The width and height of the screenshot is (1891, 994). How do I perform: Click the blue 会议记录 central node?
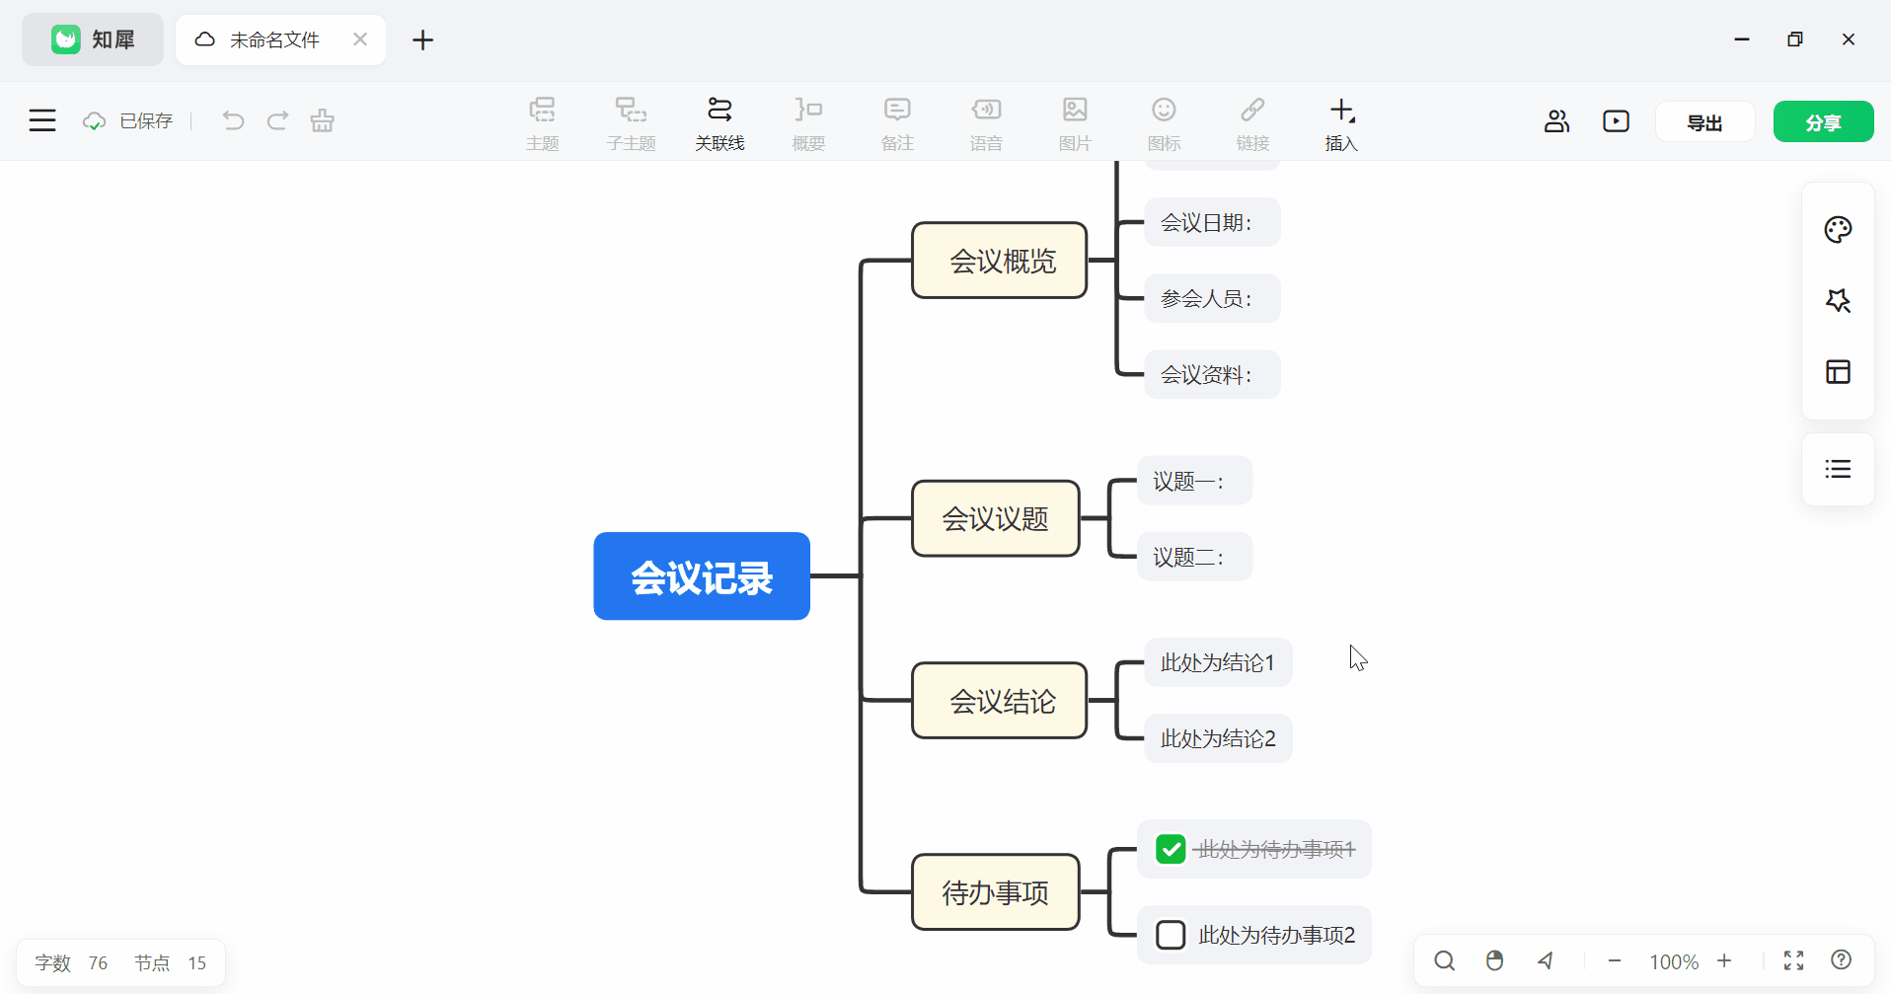click(x=701, y=576)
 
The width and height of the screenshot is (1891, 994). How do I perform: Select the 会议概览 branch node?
click(x=999, y=261)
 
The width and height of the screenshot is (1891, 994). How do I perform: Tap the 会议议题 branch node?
click(x=995, y=518)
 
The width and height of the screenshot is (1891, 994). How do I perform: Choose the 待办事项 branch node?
click(x=995, y=892)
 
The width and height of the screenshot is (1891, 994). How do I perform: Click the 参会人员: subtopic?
click(x=1211, y=298)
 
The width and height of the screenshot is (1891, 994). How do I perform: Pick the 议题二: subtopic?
click(x=1193, y=557)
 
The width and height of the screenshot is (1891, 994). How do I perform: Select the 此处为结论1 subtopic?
click(x=1217, y=662)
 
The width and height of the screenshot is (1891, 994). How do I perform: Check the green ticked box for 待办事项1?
click(x=1171, y=849)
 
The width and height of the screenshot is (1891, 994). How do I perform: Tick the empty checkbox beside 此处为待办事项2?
click(x=1171, y=935)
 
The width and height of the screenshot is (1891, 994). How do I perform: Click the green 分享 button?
click(x=1822, y=121)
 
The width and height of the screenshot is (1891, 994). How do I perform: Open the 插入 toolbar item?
click(x=1341, y=122)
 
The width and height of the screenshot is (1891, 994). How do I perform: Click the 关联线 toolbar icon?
click(x=719, y=122)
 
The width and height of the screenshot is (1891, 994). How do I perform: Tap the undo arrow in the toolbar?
click(x=233, y=120)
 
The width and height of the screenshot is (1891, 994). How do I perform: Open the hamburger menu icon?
click(x=42, y=120)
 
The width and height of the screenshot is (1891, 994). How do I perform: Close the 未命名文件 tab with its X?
click(x=360, y=39)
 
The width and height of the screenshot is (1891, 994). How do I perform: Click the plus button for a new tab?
click(x=422, y=39)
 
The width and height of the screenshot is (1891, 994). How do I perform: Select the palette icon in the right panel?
click(x=1837, y=230)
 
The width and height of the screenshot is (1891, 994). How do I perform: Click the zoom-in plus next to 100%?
click(x=1724, y=960)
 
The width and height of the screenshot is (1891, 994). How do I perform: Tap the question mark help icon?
click(x=1841, y=959)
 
